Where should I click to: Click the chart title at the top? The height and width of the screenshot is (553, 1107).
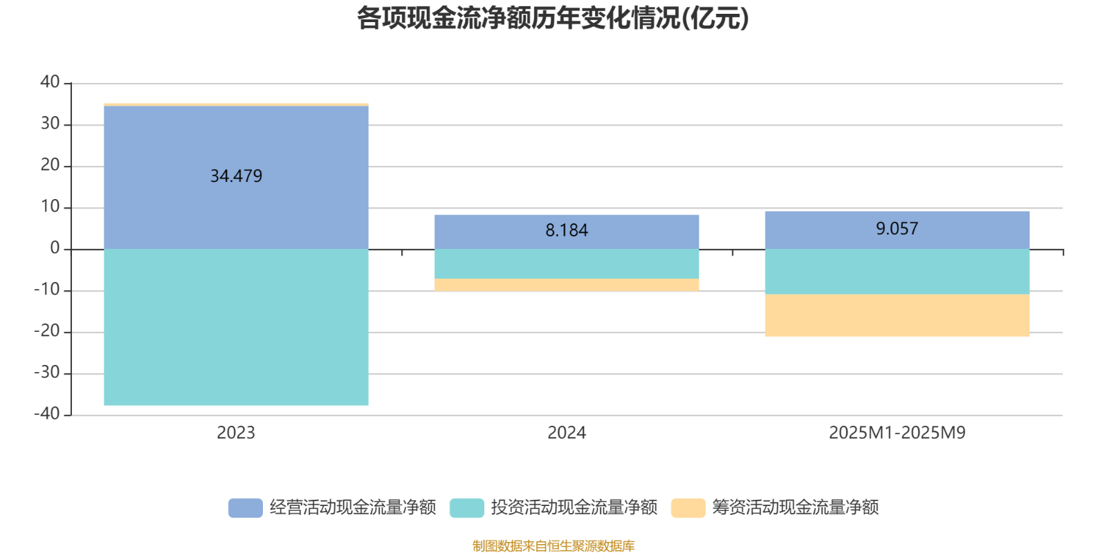(x=553, y=19)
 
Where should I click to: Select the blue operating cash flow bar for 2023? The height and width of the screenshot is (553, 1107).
(x=235, y=207)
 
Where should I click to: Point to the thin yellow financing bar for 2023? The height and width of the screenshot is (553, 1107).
(x=235, y=104)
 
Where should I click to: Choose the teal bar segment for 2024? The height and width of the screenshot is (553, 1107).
(x=567, y=264)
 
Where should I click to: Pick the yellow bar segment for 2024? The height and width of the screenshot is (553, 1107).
(x=567, y=285)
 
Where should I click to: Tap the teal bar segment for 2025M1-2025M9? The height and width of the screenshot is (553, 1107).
(x=897, y=272)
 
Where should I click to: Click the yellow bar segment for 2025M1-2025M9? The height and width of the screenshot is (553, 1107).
(x=897, y=316)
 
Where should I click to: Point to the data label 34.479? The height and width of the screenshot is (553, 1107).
(x=236, y=176)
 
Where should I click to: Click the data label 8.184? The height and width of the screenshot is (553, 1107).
(x=567, y=231)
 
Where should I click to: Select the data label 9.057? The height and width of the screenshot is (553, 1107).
(x=897, y=229)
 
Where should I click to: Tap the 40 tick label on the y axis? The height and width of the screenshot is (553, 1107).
(x=50, y=82)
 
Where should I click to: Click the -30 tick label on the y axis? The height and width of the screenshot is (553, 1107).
(x=47, y=373)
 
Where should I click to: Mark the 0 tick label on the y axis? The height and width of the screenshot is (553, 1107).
(x=55, y=249)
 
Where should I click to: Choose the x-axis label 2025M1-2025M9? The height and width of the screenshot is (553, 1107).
(x=897, y=433)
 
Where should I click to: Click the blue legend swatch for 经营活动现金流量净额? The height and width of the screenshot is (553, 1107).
(x=245, y=507)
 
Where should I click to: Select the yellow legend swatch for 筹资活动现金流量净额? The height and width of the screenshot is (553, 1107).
(x=688, y=507)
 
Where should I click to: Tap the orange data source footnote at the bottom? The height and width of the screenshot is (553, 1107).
(x=553, y=546)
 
